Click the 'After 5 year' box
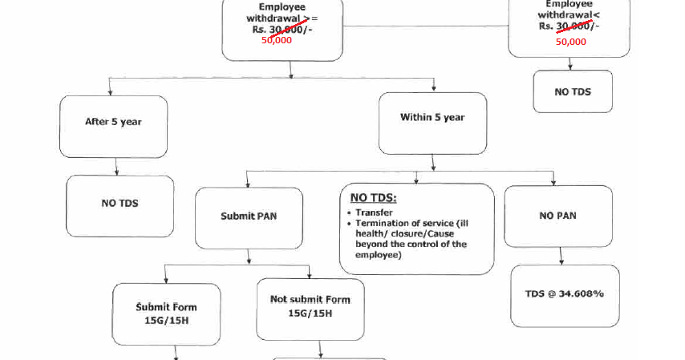point(113,123)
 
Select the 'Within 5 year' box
point(432,118)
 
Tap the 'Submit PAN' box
point(249,216)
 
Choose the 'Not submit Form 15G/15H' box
point(310,305)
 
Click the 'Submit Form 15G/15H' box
point(166,313)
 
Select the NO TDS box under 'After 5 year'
point(120,204)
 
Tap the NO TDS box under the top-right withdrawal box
point(572,91)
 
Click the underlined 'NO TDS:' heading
point(374,198)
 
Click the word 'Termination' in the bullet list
point(383,223)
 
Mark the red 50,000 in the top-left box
point(277,40)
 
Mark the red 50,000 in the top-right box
point(571,42)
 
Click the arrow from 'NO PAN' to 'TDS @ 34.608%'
point(560,257)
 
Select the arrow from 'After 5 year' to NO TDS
point(117,166)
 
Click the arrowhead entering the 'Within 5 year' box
point(434,87)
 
